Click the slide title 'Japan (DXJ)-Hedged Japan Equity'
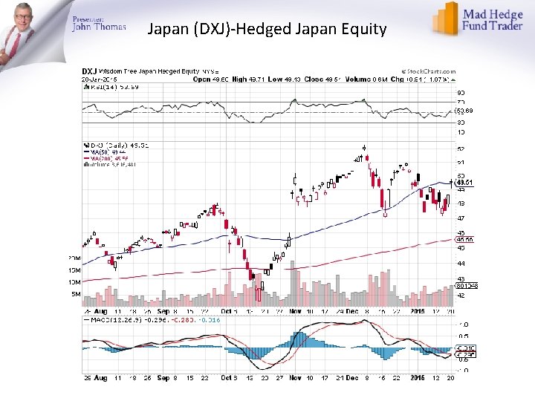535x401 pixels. tap(267, 30)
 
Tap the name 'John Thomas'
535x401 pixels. tap(99, 27)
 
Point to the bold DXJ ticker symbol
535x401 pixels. tap(89, 71)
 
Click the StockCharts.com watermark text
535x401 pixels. tap(429, 71)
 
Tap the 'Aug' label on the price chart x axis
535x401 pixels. tap(100, 312)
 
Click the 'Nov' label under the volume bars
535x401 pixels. tap(295, 312)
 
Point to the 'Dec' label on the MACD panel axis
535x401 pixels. tap(353, 377)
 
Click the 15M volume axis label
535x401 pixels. tap(74, 270)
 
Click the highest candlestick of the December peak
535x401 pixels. tap(364, 148)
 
